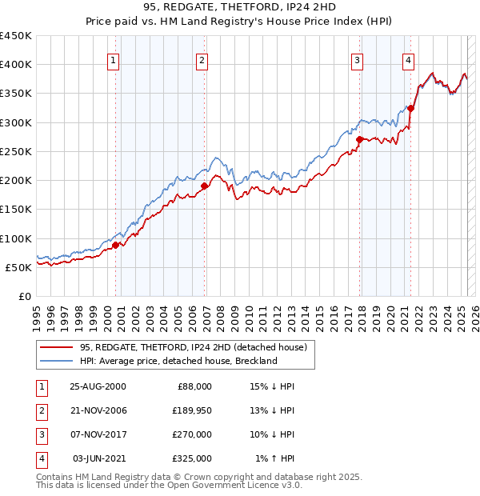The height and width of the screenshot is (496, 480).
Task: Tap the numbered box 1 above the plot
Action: point(113,59)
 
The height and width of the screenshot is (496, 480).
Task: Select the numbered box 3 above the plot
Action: point(357,59)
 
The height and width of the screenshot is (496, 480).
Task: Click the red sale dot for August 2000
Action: point(116,245)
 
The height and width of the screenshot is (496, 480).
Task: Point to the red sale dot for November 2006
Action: point(204,186)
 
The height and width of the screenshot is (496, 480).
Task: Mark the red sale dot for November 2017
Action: point(359,139)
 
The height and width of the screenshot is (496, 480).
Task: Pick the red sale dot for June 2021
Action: point(410,108)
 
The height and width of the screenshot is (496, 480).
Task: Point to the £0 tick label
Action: point(25,296)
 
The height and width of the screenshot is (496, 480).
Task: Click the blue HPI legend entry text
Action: point(178,361)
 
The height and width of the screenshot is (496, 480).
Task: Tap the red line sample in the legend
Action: point(56,347)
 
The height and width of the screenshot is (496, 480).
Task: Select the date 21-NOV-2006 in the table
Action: point(98,411)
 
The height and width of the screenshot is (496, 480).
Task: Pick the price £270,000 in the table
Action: point(193,435)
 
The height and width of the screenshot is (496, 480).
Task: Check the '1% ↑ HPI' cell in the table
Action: point(275,459)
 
